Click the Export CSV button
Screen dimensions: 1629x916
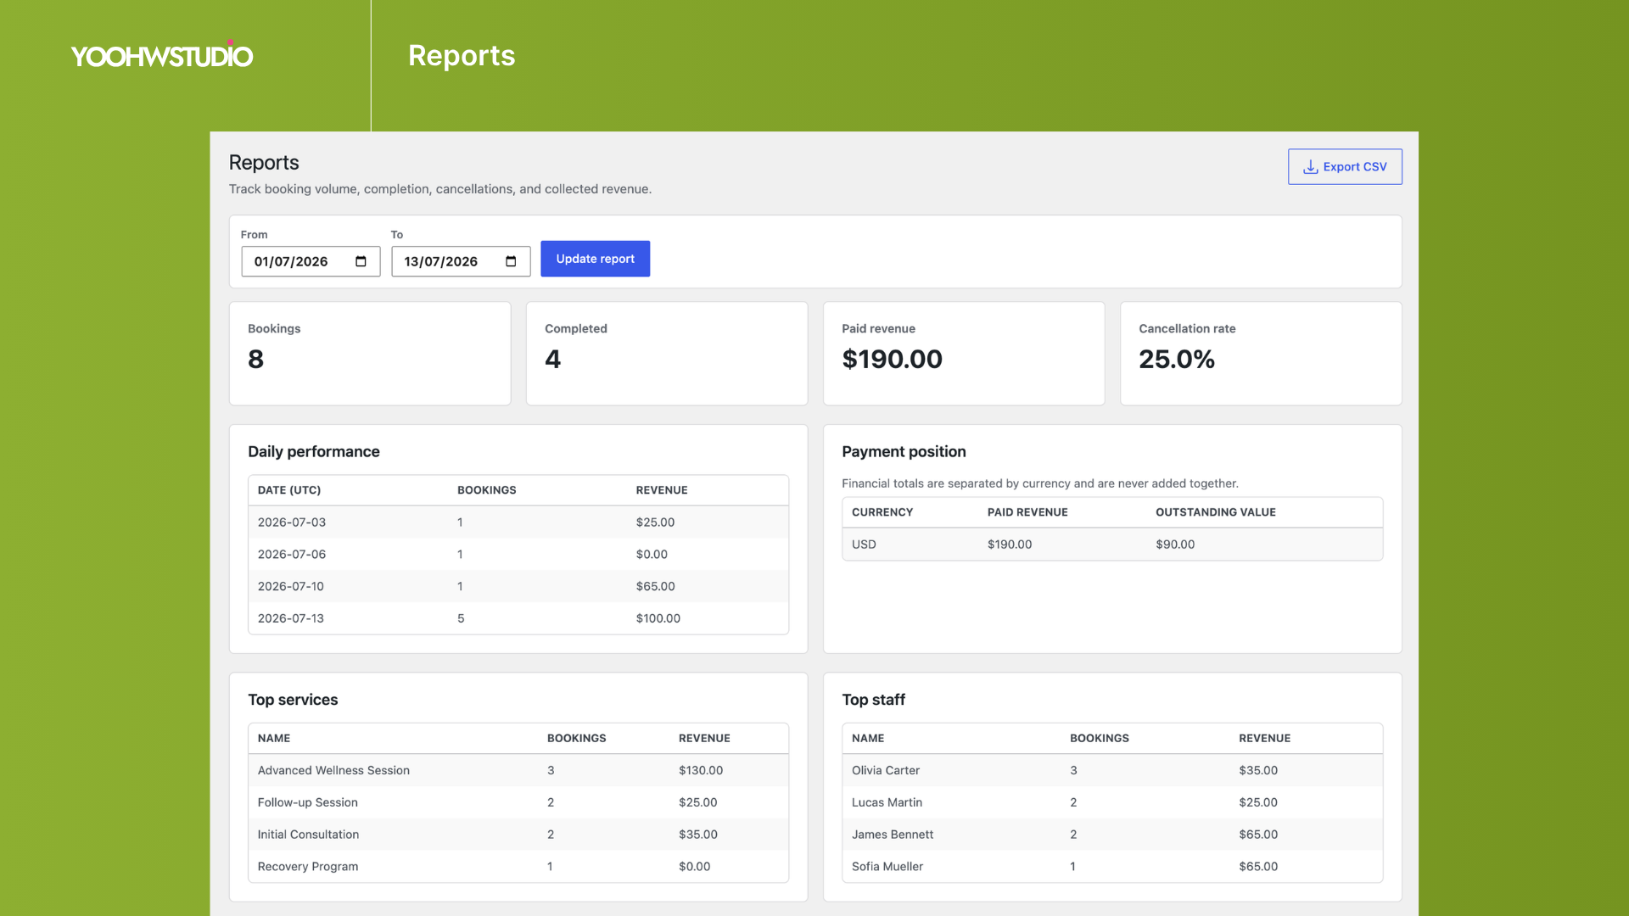pos(1345,167)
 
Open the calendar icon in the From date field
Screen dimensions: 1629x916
pos(361,261)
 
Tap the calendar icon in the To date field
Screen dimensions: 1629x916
pos(511,261)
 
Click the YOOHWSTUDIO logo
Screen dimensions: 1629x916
pos(162,55)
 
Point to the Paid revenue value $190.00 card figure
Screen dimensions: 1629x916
pos(892,360)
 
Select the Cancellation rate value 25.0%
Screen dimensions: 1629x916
pos(1177,360)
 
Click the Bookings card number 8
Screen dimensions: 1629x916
pos(255,360)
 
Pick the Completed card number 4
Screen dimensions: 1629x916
pos(552,360)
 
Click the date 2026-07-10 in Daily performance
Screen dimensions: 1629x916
pos(291,586)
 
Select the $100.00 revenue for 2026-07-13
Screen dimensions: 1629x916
pos(658,618)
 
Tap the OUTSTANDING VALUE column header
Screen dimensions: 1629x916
pos(1216,512)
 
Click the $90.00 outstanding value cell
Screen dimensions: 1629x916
pos(1175,545)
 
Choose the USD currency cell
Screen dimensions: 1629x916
pos(864,545)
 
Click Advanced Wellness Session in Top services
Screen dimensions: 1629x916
pos(333,770)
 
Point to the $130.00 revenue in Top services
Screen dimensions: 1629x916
pos(701,770)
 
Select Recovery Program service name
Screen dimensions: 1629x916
pos(308,867)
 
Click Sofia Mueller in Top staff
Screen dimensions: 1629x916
pos(887,867)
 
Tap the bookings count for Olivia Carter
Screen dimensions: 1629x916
pos(1073,770)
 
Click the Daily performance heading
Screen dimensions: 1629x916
pos(314,452)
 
